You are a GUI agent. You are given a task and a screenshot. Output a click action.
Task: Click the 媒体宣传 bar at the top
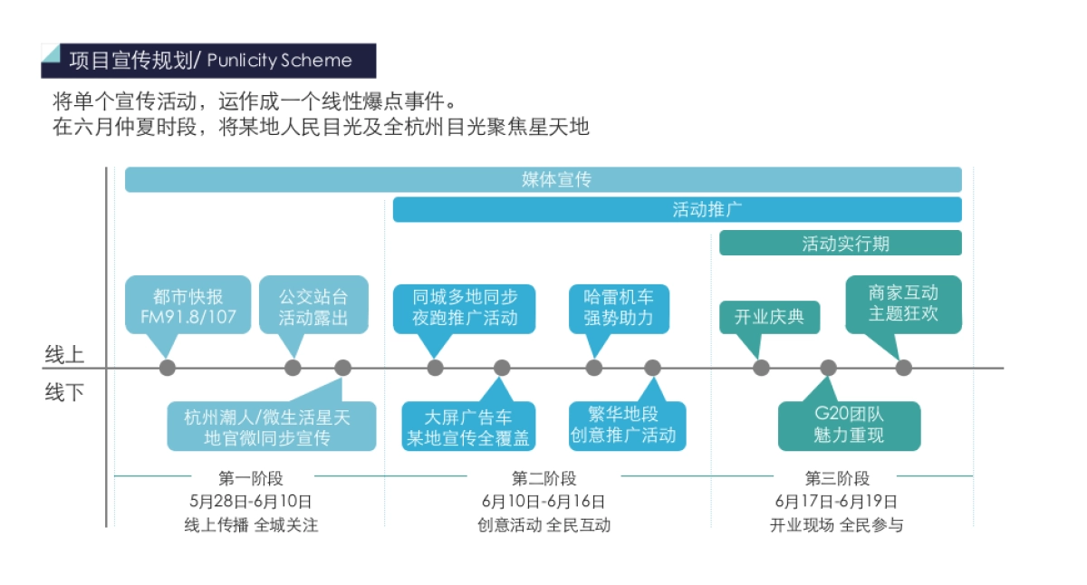coord(543,179)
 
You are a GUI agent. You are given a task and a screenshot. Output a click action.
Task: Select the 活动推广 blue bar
coord(677,210)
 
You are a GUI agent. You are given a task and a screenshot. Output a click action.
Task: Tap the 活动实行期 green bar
coord(840,243)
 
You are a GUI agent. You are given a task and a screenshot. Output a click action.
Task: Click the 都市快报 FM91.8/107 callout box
coord(188,307)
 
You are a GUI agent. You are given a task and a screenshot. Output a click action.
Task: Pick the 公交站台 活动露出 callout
coord(313,307)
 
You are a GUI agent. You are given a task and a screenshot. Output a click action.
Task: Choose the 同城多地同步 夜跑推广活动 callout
coord(464,307)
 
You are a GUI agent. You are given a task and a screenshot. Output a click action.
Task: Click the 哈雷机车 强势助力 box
coord(619,307)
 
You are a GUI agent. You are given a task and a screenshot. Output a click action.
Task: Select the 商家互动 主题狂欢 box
coord(902,303)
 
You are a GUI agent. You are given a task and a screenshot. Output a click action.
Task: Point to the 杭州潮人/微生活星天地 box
coord(271,427)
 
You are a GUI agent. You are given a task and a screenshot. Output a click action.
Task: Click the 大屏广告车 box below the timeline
coord(468,427)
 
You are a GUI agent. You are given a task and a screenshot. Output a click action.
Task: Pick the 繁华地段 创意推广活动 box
coord(627,426)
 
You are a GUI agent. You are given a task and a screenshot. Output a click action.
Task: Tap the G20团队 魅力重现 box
coord(849,426)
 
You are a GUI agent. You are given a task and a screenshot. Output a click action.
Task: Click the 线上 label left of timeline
coord(64,354)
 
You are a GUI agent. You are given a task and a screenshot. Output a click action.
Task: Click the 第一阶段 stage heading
coord(251,478)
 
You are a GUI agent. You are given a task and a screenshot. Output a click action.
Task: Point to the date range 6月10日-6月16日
coord(543,501)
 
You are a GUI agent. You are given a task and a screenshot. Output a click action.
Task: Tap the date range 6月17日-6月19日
coord(836,501)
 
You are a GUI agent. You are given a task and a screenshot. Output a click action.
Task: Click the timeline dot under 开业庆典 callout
coord(761,368)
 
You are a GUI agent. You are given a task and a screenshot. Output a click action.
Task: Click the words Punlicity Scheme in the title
coord(279,61)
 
